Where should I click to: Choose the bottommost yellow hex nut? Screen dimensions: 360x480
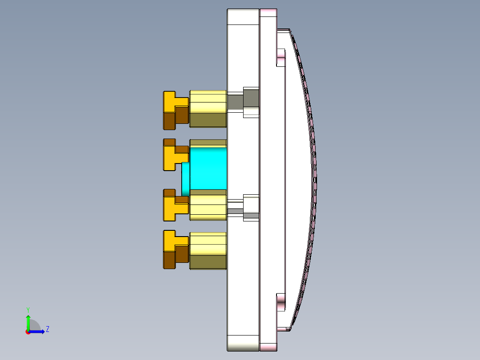pyautogui.click(x=208, y=250)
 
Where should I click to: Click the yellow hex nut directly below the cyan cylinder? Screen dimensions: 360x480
pyautogui.click(x=208, y=205)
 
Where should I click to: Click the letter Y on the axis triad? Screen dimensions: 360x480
pyautogui.click(x=28, y=309)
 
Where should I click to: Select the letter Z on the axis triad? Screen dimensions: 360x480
pyautogui.click(x=47, y=329)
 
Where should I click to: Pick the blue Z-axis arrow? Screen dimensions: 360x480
pyautogui.click(x=38, y=331)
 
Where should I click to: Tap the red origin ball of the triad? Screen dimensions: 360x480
pyautogui.click(x=28, y=331)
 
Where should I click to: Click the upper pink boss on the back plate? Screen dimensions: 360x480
pyautogui.click(x=281, y=57)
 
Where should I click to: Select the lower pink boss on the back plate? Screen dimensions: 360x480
pyautogui.click(x=281, y=305)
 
